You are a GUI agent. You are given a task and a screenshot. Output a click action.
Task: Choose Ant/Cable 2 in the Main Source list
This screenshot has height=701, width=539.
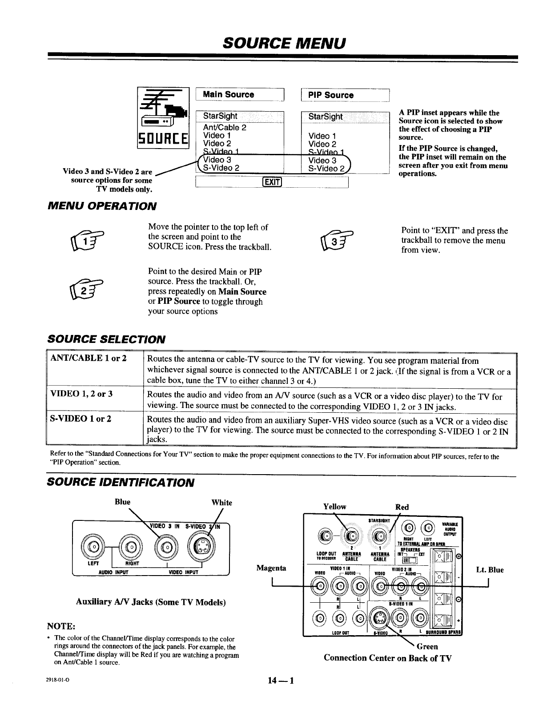click(x=225, y=127)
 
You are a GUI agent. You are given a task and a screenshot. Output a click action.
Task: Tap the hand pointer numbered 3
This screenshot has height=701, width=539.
click(x=334, y=241)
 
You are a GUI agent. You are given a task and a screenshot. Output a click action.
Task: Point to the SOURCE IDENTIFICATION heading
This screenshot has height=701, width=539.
click(x=121, y=483)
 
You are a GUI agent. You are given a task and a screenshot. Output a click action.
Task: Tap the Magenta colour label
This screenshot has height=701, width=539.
click(x=271, y=568)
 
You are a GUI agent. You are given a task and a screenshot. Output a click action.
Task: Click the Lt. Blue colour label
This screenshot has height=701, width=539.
click(x=489, y=570)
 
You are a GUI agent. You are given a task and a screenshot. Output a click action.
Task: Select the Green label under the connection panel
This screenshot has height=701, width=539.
click(x=427, y=646)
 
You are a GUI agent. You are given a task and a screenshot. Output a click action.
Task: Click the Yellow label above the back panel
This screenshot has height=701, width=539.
click(x=334, y=507)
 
